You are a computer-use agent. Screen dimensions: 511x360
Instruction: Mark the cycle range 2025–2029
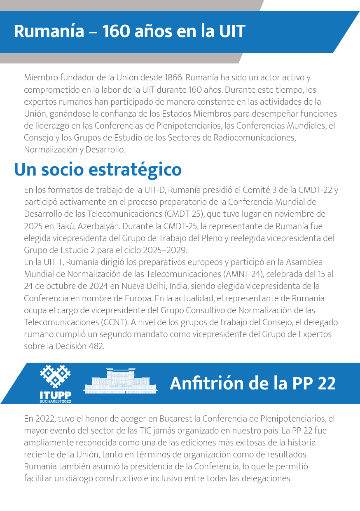click(165, 250)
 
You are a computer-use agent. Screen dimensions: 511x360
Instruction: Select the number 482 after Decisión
click(96, 346)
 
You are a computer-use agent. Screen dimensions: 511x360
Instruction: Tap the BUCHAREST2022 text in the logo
click(56, 401)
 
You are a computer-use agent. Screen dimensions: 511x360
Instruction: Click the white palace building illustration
click(121, 381)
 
